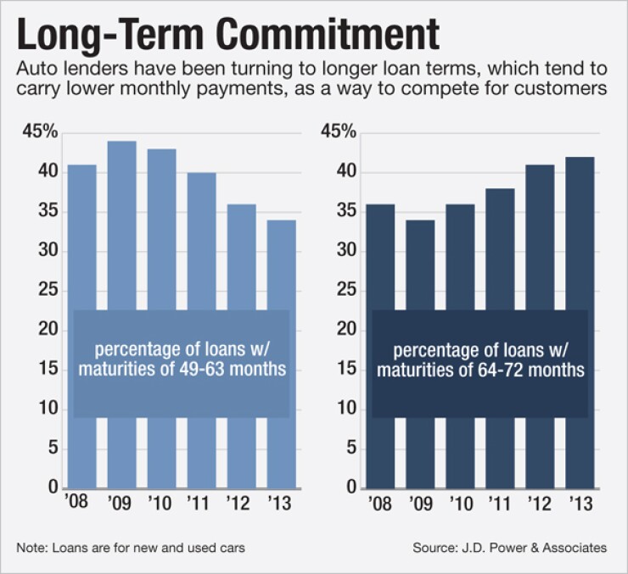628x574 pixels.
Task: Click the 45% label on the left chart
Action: [x=42, y=132]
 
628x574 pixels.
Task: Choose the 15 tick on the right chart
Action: [x=350, y=370]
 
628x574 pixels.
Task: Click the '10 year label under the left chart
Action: [x=162, y=503]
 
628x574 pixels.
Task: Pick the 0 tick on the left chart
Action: [x=53, y=489]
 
